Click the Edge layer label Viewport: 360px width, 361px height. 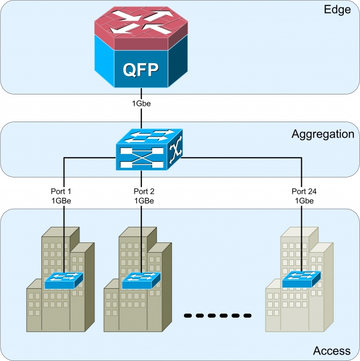(337, 10)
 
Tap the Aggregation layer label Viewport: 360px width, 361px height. (323, 134)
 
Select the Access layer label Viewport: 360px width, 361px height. (332, 351)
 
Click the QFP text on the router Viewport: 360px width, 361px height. (141, 70)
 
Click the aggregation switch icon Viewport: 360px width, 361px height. (149, 149)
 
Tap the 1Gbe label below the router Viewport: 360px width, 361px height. (141, 103)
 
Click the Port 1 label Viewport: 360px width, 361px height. (61, 191)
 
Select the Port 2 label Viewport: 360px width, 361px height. (144, 191)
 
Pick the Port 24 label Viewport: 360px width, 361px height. (304, 191)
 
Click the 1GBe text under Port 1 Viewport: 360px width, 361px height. (61, 201)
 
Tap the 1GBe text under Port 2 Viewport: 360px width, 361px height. (144, 201)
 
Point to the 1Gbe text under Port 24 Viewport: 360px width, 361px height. (304, 201)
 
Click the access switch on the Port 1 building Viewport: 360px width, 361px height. (64, 280)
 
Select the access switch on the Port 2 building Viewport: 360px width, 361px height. (141, 280)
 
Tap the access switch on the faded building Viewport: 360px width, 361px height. (301, 279)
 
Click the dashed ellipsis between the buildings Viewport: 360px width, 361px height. (218, 316)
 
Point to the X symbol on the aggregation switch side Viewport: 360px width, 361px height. (175, 150)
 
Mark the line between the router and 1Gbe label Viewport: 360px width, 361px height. (141, 94)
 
